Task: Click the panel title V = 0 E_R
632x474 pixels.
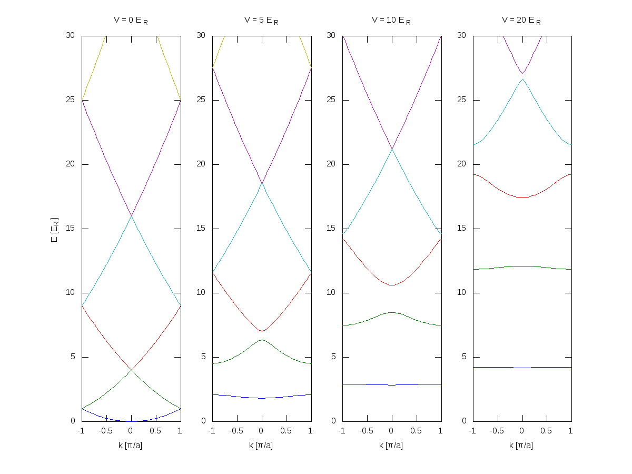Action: pyautogui.click(x=131, y=21)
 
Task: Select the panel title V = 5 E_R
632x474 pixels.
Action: pyautogui.click(x=261, y=21)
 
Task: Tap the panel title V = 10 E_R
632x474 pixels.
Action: pyautogui.click(x=391, y=21)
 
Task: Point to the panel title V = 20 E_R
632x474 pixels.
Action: pyautogui.click(x=521, y=21)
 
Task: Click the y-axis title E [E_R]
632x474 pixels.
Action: pyautogui.click(x=54, y=230)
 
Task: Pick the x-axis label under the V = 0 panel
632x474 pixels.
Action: pyautogui.click(x=130, y=445)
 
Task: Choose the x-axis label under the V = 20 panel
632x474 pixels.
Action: pyautogui.click(x=521, y=445)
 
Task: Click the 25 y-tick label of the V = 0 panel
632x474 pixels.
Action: pyautogui.click(x=70, y=100)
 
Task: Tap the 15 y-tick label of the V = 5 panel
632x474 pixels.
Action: pyautogui.click(x=201, y=228)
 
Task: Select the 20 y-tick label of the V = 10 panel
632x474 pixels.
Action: pyautogui.click(x=331, y=164)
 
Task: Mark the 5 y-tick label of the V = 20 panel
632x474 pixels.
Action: pyautogui.click(x=464, y=357)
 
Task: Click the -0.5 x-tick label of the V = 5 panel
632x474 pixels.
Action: pyautogui.click(x=236, y=431)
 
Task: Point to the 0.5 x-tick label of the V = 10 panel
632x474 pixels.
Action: pyautogui.click(x=416, y=431)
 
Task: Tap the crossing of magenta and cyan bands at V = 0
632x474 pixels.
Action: pyautogui.click(x=132, y=216)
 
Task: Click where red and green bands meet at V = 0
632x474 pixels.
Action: pyautogui.click(x=132, y=370)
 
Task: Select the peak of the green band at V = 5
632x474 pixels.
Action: pyautogui.click(x=262, y=340)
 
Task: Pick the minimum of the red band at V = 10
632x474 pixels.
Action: pyautogui.click(x=392, y=285)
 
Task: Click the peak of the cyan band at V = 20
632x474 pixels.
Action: pyautogui.click(x=522, y=80)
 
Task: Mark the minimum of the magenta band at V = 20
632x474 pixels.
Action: pyautogui.click(x=522, y=73)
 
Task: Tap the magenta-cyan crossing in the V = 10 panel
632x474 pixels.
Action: pyautogui.click(x=392, y=149)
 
